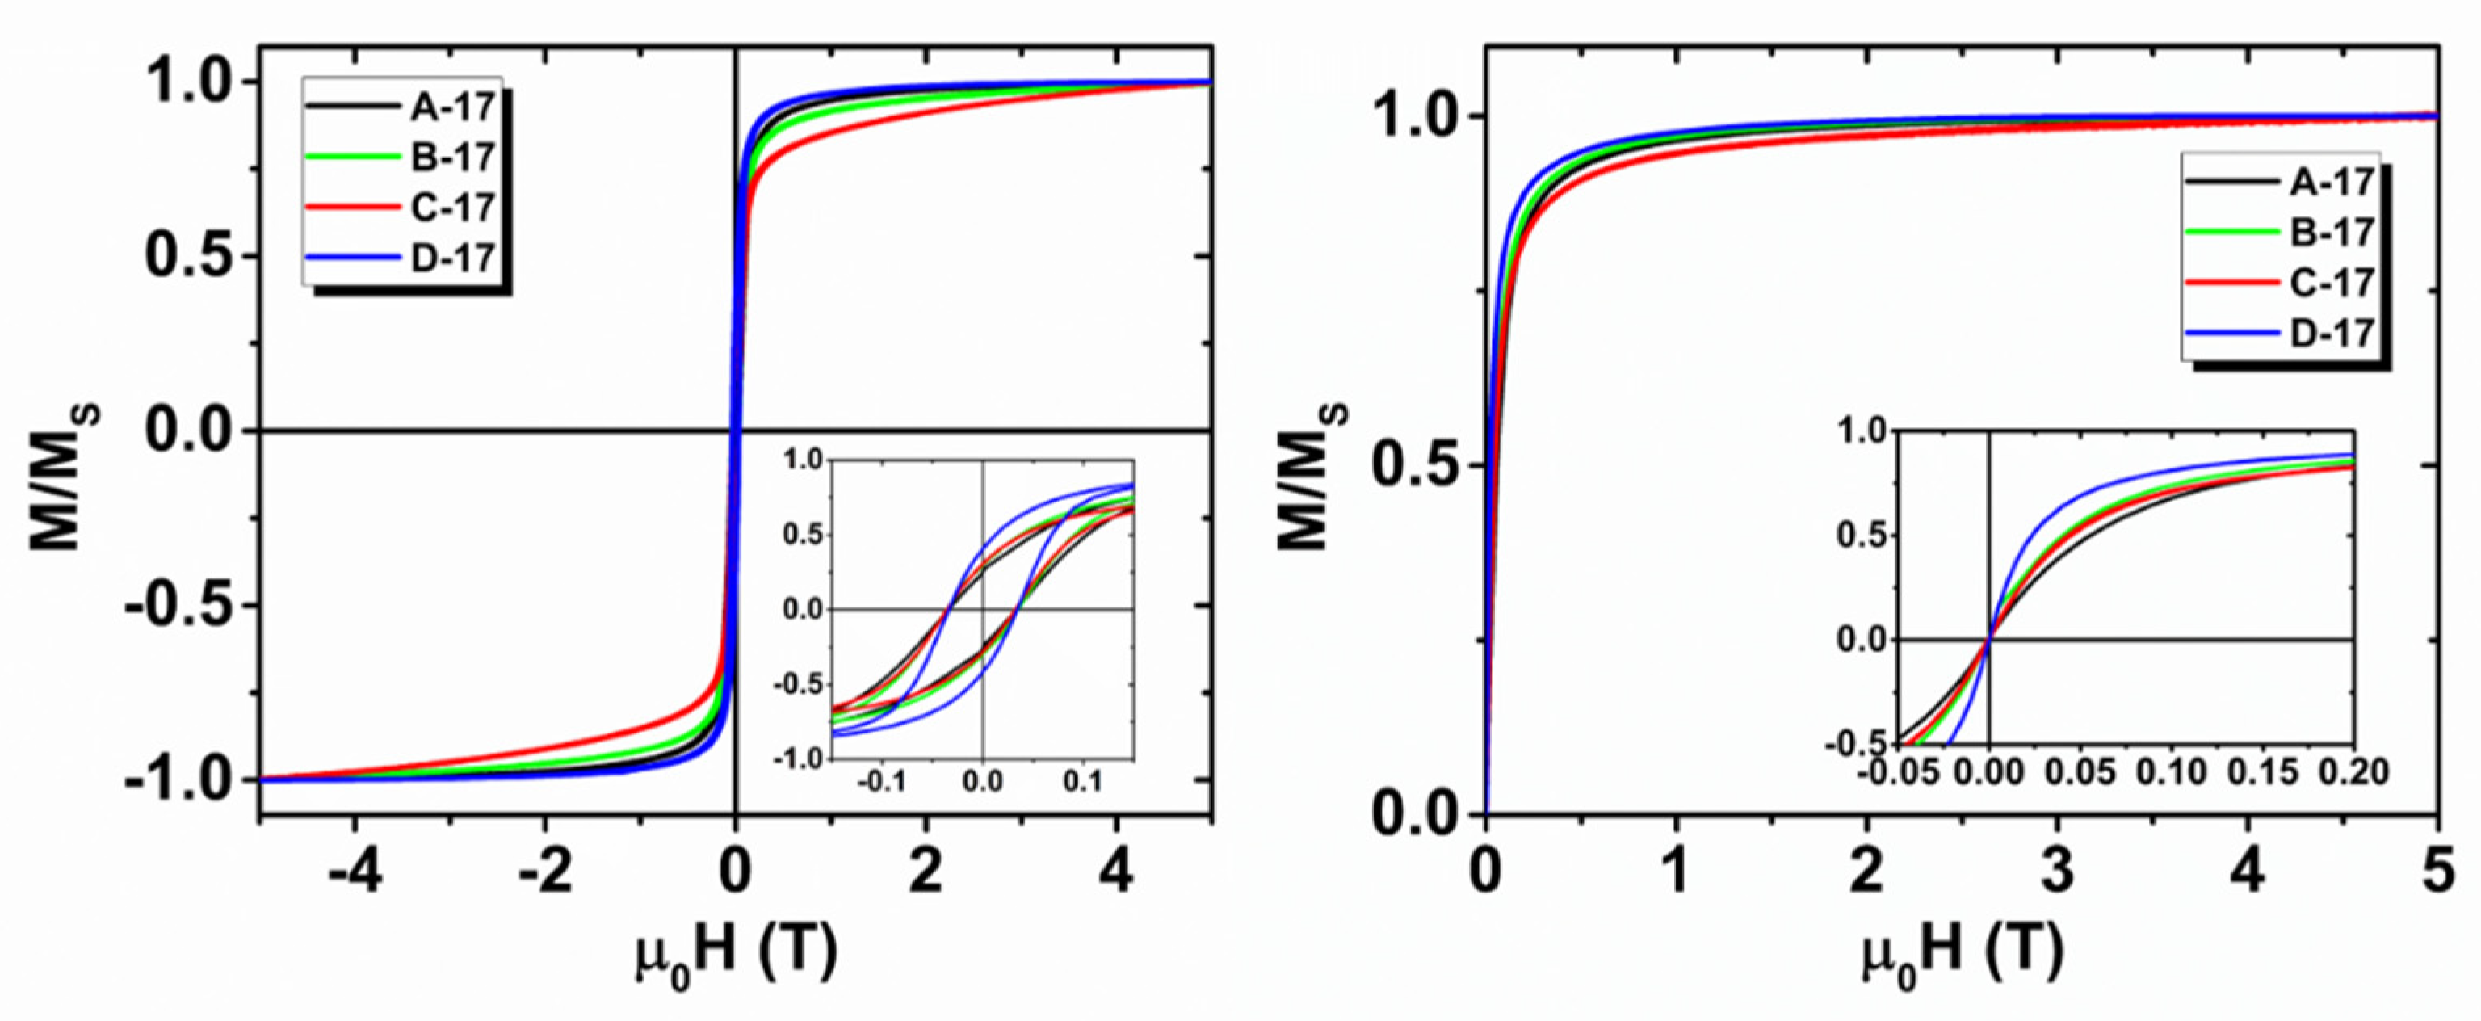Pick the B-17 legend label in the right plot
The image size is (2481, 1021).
click(x=2331, y=232)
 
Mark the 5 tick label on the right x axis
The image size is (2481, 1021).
click(x=2437, y=876)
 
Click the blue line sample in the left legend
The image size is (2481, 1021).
click(x=351, y=257)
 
